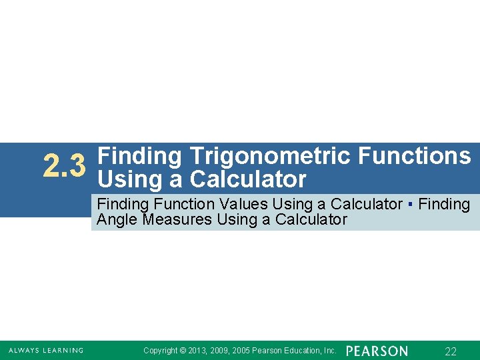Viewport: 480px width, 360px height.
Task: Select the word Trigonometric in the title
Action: point(269,156)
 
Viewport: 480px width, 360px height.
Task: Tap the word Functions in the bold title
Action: point(414,156)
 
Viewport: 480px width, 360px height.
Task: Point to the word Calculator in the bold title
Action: point(248,179)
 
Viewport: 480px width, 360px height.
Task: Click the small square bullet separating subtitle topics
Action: point(411,204)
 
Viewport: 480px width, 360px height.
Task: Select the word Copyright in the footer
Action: point(161,351)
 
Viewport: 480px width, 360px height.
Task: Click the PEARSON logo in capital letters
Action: point(377,351)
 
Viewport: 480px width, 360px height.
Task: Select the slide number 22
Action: point(451,351)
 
